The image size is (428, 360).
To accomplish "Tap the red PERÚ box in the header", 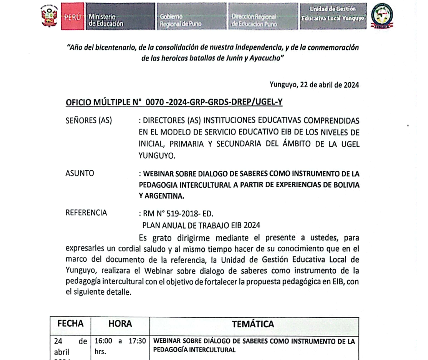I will [73, 17].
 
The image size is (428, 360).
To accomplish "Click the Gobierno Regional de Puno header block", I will [190, 17].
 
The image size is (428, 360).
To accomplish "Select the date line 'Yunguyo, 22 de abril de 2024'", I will [314, 84].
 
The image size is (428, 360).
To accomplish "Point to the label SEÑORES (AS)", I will [89, 120].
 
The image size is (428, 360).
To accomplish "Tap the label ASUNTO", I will [80, 173].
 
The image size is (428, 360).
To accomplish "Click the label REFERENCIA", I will [86, 212].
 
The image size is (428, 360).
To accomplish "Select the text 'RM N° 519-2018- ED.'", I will [175, 214].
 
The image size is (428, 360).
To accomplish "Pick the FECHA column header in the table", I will [70, 324].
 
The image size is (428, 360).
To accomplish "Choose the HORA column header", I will [120, 324].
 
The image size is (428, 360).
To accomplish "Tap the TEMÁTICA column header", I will [253, 324].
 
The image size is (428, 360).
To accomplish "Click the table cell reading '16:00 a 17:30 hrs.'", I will [120, 345].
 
